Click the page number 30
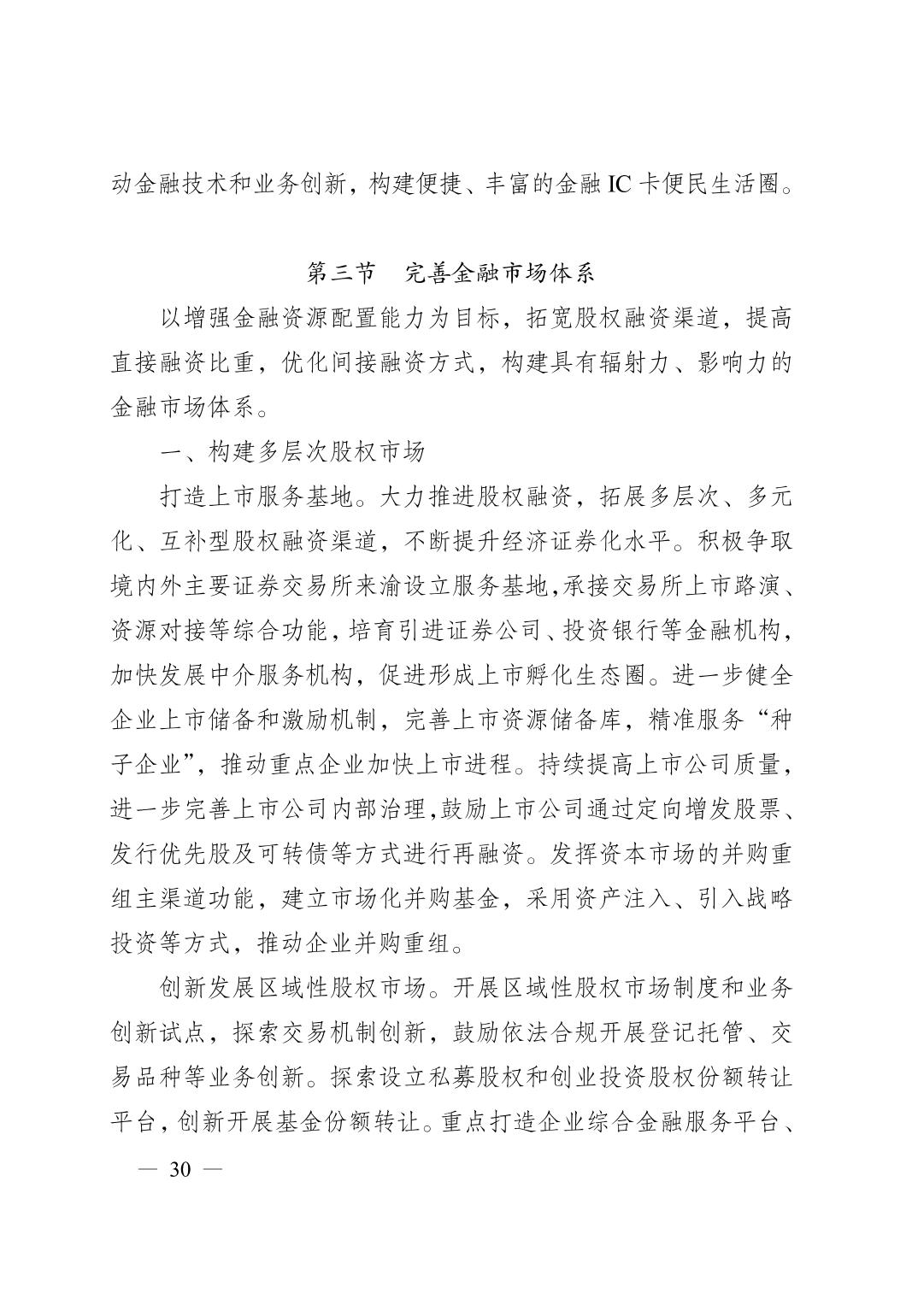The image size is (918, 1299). (x=180, y=1169)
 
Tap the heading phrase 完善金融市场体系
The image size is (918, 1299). (x=498, y=273)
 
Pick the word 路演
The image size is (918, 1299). (x=755, y=586)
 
